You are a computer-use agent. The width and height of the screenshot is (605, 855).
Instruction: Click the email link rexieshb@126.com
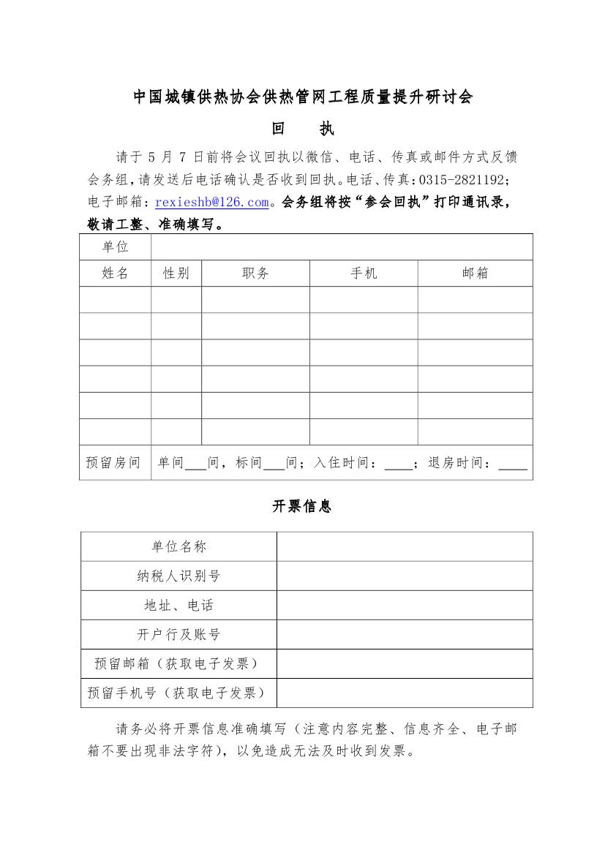(212, 202)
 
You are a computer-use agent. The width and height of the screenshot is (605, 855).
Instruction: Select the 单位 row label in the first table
(116, 247)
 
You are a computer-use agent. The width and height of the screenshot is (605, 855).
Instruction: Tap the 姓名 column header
(116, 274)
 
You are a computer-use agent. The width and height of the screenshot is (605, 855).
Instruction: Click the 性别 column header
(176, 274)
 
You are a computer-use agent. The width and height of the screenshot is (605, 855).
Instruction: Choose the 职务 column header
(255, 274)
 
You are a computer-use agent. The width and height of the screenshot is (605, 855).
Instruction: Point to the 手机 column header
(364, 274)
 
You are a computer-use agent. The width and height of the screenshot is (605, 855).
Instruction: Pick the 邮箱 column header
(475, 274)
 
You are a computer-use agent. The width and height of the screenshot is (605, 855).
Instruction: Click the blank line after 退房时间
(512, 466)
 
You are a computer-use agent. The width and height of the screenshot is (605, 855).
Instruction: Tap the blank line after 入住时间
(398, 466)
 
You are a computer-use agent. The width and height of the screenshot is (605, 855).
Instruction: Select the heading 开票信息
(302, 506)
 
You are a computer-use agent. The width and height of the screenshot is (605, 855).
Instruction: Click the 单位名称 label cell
(179, 547)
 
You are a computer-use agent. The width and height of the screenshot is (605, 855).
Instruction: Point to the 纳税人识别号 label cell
(179, 576)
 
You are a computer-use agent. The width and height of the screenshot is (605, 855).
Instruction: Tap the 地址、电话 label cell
(179, 606)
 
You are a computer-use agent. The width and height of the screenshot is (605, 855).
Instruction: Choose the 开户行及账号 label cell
(179, 635)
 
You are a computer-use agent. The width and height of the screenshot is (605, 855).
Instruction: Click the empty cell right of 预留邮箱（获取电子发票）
(405, 664)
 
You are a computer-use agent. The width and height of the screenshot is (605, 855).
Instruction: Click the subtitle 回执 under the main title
(302, 129)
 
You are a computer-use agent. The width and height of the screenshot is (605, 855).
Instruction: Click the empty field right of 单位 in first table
(342, 247)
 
